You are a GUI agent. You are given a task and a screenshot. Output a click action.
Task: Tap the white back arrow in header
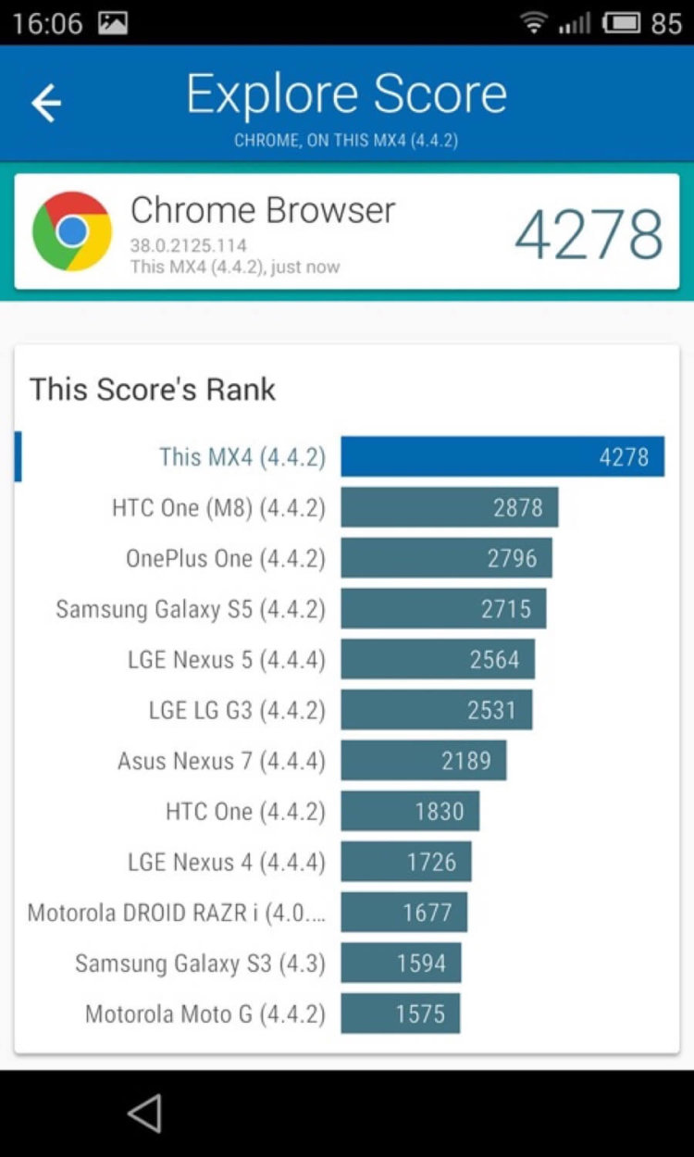(x=46, y=103)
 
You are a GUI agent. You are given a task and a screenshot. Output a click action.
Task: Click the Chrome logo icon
(x=71, y=230)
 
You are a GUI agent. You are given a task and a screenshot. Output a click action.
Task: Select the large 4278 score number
(x=589, y=235)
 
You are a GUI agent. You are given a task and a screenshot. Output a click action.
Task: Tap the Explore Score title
(x=346, y=94)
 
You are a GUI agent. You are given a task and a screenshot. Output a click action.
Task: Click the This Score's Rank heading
(x=153, y=389)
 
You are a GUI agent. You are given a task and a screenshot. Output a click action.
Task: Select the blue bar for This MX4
(x=502, y=456)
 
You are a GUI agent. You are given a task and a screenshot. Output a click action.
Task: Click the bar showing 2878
(x=449, y=507)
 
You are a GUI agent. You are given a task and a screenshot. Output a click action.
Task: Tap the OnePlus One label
(x=226, y=558)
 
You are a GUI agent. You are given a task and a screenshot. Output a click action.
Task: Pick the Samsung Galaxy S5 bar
(x=443, y=608)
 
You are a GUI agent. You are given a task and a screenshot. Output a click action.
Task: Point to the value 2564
(x=494, y=659)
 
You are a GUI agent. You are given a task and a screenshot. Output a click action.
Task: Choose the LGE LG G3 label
(x=237, y=710)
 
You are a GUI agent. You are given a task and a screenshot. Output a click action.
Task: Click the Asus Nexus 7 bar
(x=423, y=760)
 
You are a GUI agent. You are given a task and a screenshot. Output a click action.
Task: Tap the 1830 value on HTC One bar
(x=439, y=811)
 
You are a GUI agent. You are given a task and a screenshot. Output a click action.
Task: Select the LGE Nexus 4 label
(x=227, y=862)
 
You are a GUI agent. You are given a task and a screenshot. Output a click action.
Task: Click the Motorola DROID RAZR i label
(x=177, y=913)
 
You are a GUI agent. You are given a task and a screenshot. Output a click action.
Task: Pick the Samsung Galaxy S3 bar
(x=401, y=963)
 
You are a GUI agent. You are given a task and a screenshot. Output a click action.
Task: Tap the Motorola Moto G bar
(x=400, y=1014)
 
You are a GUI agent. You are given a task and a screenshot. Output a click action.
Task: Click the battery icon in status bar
(x=623, y=22)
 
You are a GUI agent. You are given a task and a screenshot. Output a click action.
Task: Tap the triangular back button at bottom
(x=144, y=1113)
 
